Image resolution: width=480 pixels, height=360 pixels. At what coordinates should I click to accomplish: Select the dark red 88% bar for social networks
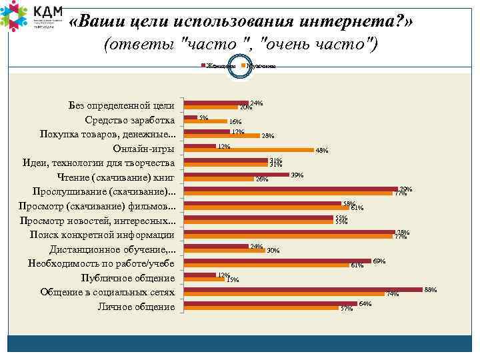click(x=303, y=289)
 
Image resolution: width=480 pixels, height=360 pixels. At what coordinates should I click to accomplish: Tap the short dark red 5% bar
click(x=191, y=117)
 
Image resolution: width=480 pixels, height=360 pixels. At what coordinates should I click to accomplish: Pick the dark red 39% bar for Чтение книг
click(x=237, y=175)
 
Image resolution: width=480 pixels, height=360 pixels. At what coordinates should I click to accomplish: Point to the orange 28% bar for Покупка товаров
click(x=222, y=136)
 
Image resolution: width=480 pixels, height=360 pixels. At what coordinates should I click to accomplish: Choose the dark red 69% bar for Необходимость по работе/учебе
click(x=277, y=261)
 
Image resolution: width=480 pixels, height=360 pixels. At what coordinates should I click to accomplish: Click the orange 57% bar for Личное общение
click(x=262, y=308)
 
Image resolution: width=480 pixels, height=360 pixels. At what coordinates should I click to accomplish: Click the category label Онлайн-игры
click(x=144, y=149)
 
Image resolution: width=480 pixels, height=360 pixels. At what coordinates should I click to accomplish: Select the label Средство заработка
click(x=130, y=120)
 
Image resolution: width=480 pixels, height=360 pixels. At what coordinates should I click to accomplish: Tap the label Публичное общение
click(x=127, y=278)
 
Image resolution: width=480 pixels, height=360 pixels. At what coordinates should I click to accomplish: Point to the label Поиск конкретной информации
click(x=102, y=235)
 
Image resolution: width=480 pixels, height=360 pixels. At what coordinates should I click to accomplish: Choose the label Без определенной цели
click(x=121, y=105)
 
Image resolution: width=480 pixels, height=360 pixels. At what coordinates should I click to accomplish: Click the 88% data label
click(x=430, y=289)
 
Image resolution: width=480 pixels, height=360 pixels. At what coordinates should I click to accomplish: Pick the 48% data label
click(x=321, y=151)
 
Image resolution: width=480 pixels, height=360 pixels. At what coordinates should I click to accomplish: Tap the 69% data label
click(x=379, y=260)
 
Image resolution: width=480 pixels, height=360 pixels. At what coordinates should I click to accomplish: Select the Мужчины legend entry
click(x=259, y=66)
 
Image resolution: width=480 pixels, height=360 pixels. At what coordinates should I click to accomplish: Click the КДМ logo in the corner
click(x=30, y=17)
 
